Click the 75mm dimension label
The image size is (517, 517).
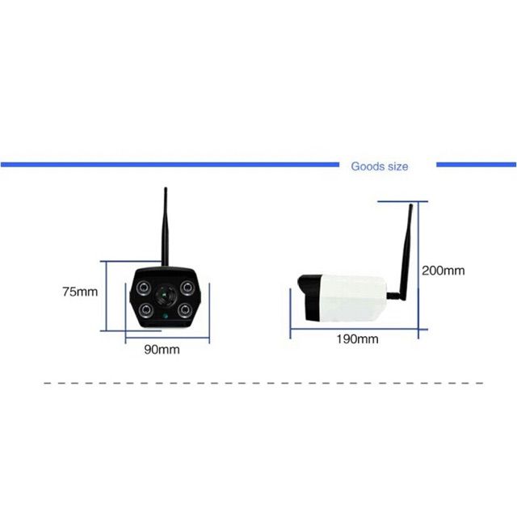click(x=79, y=292)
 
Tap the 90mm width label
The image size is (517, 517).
click(x=162, y=350)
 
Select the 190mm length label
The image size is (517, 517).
click(x=357, y=338)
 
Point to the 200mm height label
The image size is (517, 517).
click(x=443, y=271)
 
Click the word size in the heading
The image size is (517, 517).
click(x=397, y=166)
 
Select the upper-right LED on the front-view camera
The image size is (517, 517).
click(x=187, y=288)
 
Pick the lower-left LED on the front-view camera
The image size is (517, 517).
click(x=145, y=309)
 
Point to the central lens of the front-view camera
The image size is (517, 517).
click(x=166, y=297)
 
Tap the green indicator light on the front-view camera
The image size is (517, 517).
click(x=166, y=317)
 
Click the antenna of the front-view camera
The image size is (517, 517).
click(x=165, y=226)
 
